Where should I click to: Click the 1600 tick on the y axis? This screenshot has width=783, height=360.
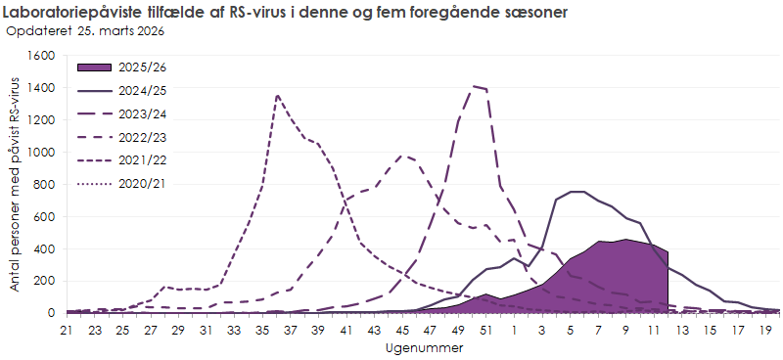click(x=40, y=56)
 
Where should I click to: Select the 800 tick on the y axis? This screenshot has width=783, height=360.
click(x=44, y=185)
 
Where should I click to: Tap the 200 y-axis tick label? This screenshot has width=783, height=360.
click(x=44, y=281)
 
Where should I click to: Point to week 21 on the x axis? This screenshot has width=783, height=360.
click(x=67, y=332)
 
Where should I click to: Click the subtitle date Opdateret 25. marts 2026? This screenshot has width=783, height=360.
click(x=85, y=30)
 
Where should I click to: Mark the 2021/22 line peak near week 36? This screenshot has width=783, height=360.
click(x=278, y=95)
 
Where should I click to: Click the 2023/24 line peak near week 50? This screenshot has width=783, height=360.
click(x=474, y=86)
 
